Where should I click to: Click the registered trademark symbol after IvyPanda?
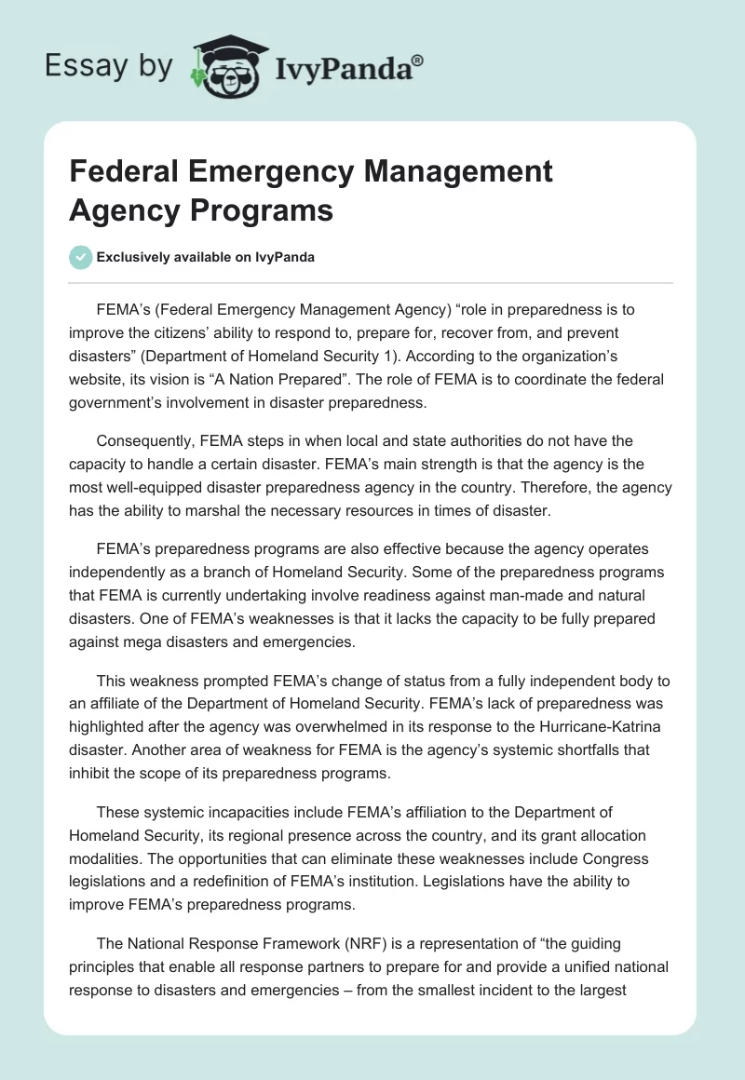[417, 61]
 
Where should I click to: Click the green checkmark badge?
[81, 257]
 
